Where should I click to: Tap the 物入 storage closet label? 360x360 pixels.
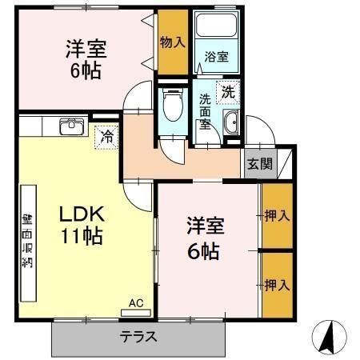point(172,42)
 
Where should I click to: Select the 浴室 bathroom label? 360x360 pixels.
point(216,57)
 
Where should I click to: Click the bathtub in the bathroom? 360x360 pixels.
point(216,31)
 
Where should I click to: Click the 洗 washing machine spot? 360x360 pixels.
point(230,91)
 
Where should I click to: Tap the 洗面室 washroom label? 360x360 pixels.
point(206,113)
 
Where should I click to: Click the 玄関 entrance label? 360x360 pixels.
point(258,165)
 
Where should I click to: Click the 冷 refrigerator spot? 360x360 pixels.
point(104,137)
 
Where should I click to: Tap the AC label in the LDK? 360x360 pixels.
point(138,304)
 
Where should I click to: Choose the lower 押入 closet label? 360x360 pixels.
point(277,284)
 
